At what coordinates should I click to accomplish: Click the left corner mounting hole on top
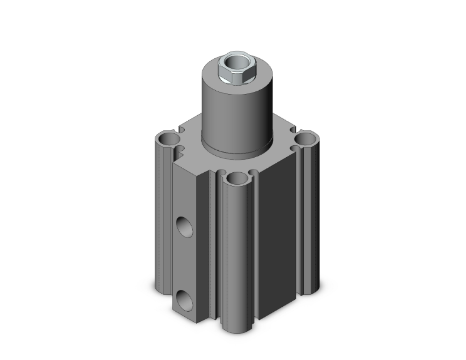tap(168, 138)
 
